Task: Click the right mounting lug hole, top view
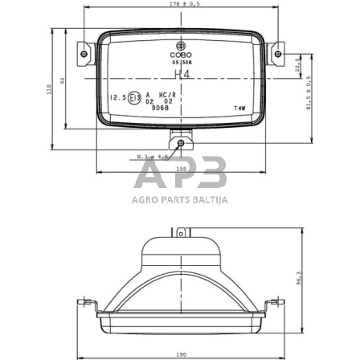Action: pos(278,55)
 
